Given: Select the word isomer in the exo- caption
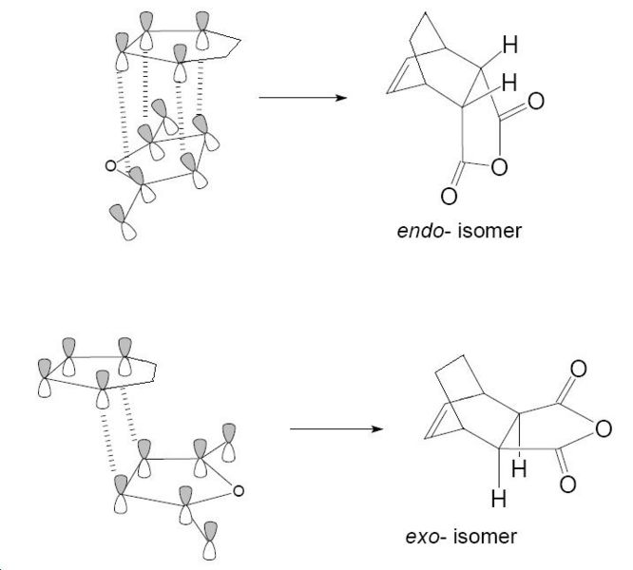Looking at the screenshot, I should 486,537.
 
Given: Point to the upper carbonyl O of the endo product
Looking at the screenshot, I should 537,101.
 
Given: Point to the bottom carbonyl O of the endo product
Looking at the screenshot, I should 449,198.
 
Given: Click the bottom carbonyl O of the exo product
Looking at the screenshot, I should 567,485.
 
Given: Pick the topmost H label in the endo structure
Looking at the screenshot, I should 510,44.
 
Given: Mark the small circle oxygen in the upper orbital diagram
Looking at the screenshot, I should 111,166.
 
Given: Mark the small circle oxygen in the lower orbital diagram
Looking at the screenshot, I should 239,490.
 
